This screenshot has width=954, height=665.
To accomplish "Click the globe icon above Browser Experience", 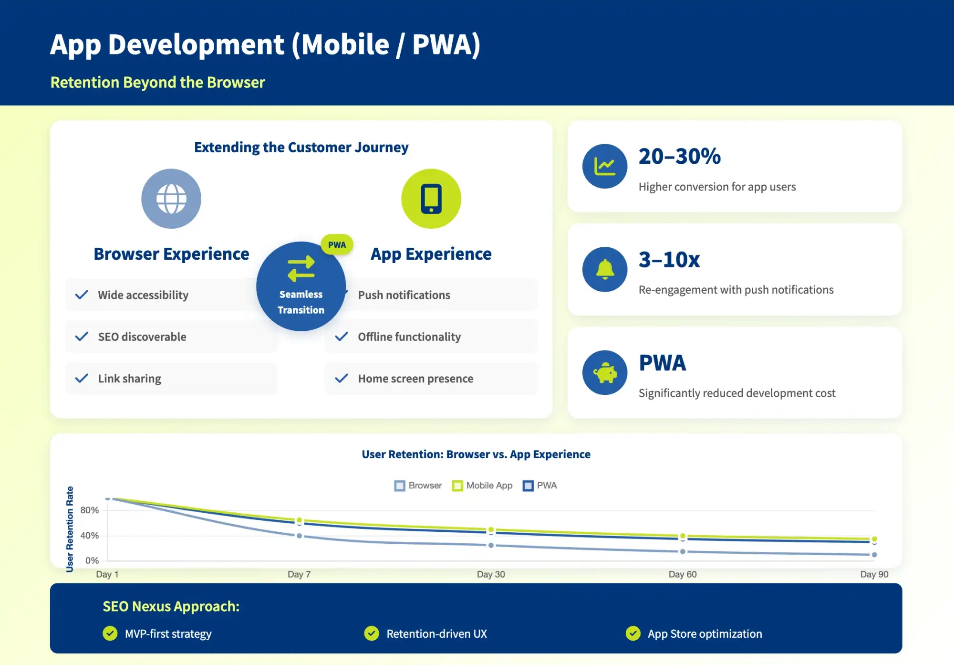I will click(171, 199).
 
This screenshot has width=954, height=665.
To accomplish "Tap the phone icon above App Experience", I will click(431, 199).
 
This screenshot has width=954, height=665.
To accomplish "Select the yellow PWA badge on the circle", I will click(337, 244).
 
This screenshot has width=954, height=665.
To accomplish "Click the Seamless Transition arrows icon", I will click(301, 268).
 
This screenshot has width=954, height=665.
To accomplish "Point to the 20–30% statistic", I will click(679, 157).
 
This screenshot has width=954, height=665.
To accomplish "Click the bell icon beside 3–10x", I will click(604, 269).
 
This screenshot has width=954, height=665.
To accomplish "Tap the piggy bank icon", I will click(604, 372).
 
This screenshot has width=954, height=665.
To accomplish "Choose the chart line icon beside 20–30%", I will click(604, 166).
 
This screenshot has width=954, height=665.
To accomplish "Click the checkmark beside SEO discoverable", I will click(82, 337).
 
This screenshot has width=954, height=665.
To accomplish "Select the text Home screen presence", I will click(415, 379).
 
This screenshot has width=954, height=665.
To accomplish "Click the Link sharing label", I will click(129, 379).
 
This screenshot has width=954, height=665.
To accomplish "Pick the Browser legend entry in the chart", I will click(418, 486).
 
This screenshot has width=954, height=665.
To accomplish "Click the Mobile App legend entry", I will click(482, 486).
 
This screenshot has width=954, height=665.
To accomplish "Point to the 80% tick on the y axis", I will click(89, 510).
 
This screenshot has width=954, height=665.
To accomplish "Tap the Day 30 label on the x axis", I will click(491, 574).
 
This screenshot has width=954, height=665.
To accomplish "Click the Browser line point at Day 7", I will click(299, 536).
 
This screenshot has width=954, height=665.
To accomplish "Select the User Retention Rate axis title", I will click(70, 529).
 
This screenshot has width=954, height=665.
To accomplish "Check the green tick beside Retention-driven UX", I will click(371, 633).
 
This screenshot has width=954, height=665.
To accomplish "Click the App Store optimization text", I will click(705, 633).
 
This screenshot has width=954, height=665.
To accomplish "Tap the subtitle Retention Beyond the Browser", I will click(157, 82).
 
